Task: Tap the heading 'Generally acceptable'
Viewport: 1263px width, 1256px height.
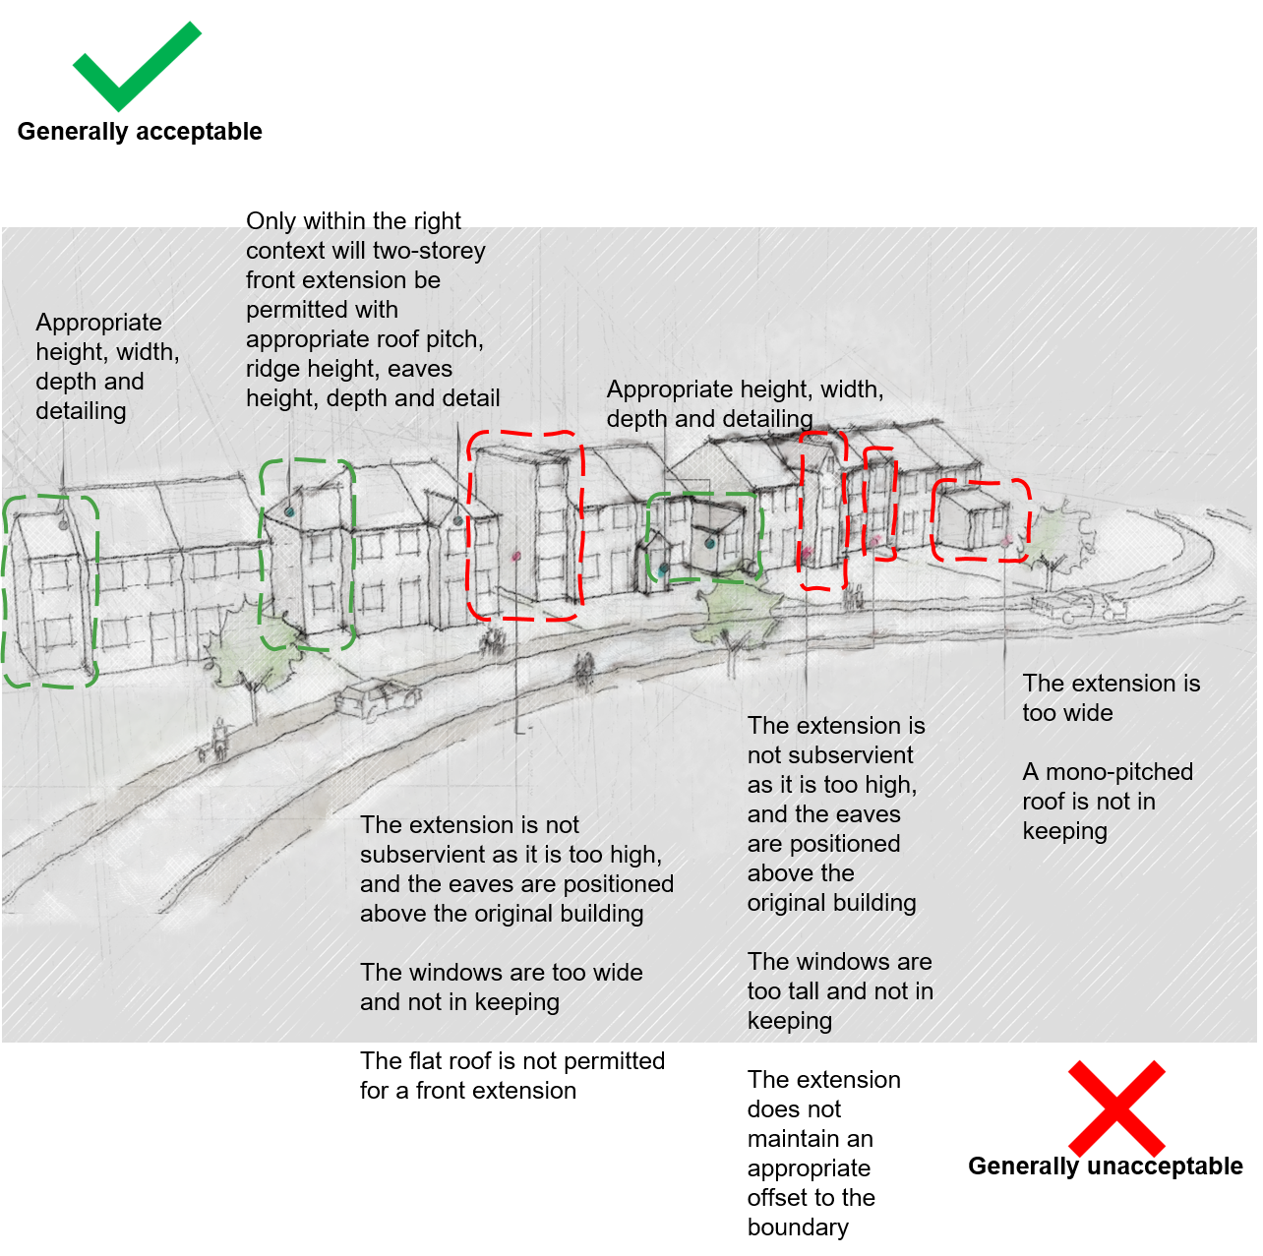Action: click(140, 132)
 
